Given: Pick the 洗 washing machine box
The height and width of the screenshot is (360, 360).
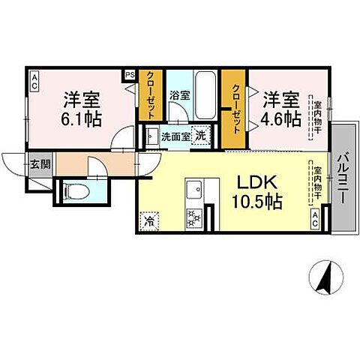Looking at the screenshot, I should [201, 136].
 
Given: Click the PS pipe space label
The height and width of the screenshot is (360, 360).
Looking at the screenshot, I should [129, 75].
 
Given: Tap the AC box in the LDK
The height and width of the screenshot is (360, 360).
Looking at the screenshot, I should [316, 218].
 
